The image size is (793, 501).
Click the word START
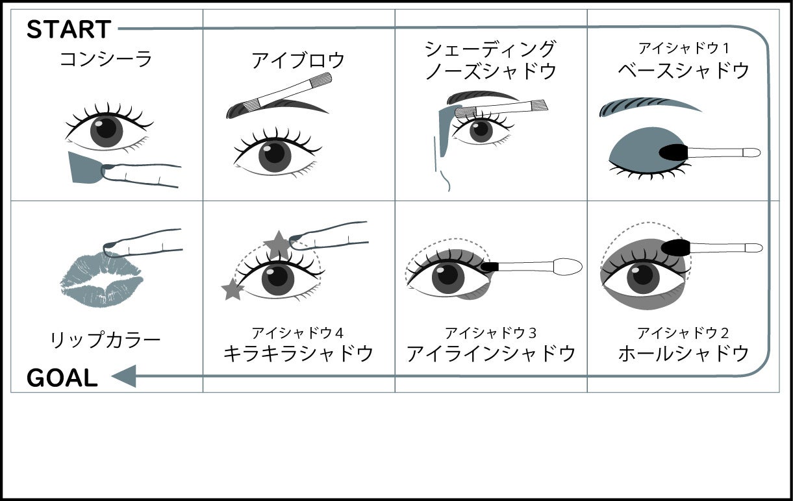point(69,30)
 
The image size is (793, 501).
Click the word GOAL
point(62,378)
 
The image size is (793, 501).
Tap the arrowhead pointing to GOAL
point(125,376)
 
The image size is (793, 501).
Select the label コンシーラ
point(106,60)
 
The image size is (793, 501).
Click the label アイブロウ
point(298,60)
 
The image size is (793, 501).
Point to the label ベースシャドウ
point(684,70)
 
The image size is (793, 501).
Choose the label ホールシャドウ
point(684,353)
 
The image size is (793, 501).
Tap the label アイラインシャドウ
point(491,353)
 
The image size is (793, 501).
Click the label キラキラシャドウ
point(298,353)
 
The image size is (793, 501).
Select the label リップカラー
point(105,339)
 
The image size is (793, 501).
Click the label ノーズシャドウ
point(491,70)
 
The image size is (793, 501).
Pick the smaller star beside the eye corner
point(232,289)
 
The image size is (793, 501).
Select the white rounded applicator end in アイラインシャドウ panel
point(568,267)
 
